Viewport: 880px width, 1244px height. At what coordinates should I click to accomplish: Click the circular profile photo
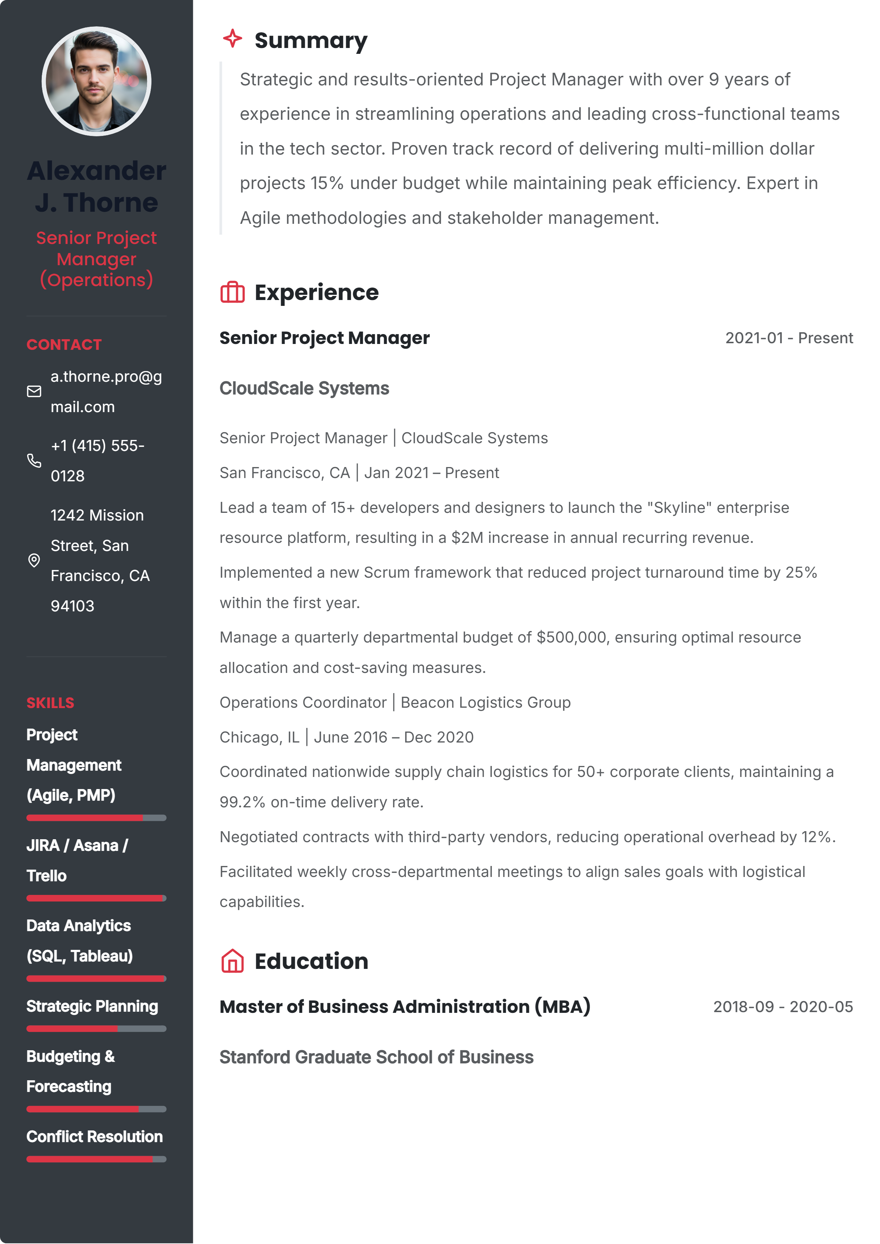(96, 81)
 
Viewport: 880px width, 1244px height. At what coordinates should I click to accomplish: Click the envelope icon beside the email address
(34, 391)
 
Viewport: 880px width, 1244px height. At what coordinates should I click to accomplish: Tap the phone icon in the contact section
(34, 460)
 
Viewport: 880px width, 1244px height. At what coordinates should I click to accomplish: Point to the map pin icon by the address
(34, 560)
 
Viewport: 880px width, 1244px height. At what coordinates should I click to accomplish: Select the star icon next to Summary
(232, 39)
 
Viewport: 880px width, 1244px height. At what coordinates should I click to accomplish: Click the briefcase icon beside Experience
(232, 293)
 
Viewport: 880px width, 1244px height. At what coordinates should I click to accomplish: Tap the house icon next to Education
(232, 961)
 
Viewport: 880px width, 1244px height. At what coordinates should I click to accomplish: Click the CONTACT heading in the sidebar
(64, 345)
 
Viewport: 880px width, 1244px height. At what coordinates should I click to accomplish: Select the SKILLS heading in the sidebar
(51, 703)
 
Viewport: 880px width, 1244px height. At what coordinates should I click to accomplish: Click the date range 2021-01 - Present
(789, 338)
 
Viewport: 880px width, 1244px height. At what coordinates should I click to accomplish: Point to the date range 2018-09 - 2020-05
(782, 1007)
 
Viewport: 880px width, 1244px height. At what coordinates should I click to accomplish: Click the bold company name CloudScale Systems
(304, 389)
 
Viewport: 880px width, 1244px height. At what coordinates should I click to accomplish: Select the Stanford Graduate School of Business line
(376, 1057)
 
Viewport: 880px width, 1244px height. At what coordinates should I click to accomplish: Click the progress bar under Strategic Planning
(96, 1028)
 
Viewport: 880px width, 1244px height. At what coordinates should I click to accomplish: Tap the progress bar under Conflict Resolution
(96, 1159)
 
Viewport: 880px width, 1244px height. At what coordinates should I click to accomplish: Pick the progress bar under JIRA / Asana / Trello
(96, 898)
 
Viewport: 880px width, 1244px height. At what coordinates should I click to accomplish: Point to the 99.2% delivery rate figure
(242, 802)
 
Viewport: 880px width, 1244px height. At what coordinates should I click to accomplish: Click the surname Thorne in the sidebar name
(111, 203)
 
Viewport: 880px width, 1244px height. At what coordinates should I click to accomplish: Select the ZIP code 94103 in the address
(73, 606)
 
